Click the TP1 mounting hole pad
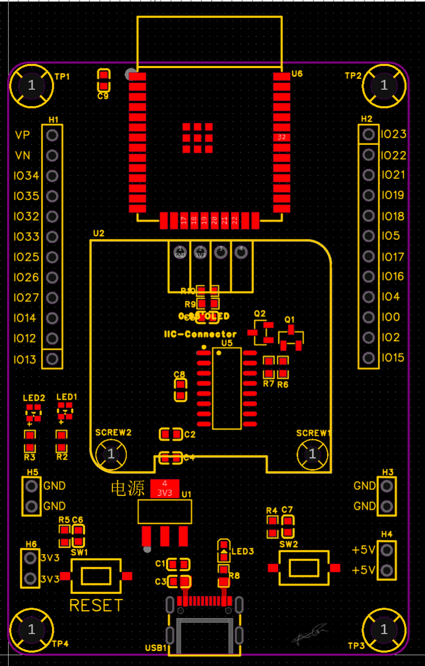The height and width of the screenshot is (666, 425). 32,85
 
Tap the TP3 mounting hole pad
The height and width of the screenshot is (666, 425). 384,629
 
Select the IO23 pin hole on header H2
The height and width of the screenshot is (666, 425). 368,135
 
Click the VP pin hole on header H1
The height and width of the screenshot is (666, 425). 52,135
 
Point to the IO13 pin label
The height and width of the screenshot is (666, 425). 25,360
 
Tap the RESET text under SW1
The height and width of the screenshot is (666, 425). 97,605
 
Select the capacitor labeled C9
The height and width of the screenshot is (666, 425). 104,80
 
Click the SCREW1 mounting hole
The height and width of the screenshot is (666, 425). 312,454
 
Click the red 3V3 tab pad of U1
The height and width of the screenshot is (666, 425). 165,488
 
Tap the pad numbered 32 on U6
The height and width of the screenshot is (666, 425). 281,137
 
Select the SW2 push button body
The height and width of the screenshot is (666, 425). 304,567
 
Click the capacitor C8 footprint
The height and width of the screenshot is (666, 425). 180,390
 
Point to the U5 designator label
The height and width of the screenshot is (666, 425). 227,343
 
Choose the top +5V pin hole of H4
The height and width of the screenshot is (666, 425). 386,550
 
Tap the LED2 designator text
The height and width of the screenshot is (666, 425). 34,398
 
